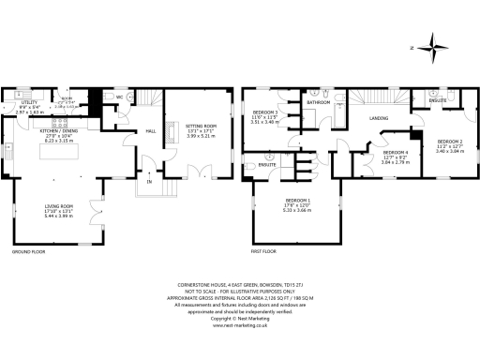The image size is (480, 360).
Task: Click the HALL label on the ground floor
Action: click(150, 132)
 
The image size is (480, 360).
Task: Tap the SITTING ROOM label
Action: click(202, 125)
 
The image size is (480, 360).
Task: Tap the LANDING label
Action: click(378, 118)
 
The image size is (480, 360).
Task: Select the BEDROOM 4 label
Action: click(397, 152)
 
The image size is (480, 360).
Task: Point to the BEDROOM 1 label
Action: click(299, 202)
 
